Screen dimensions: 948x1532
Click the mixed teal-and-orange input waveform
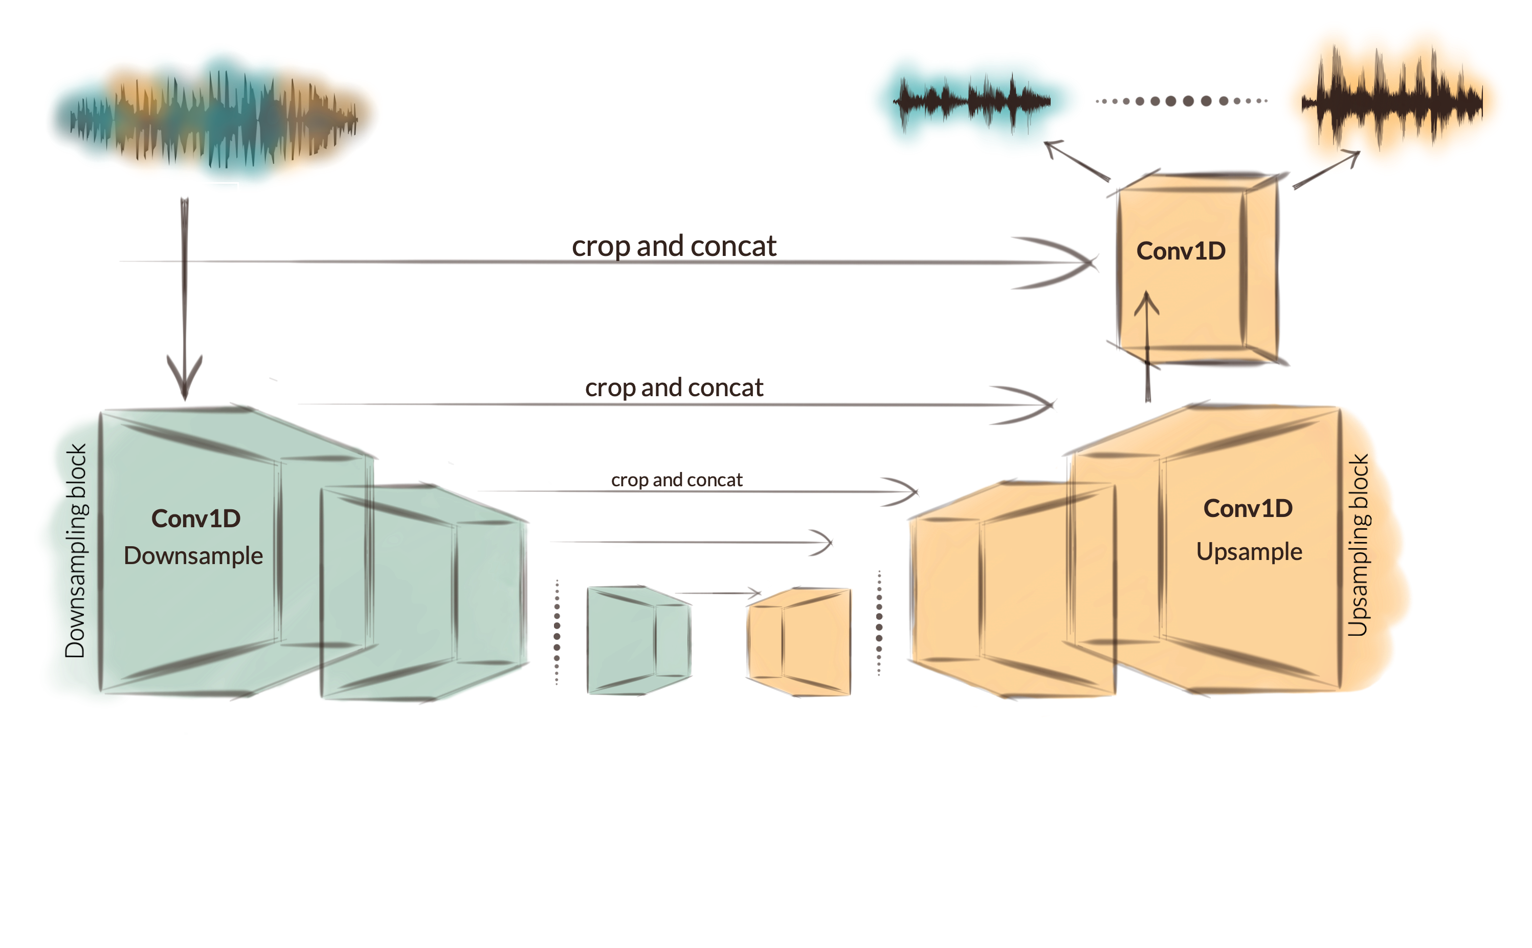[213, 116]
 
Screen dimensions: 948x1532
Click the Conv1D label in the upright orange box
[1181, 251]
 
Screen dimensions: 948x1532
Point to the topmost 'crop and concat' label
[674, 246]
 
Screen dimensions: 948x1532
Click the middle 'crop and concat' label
[674, 388]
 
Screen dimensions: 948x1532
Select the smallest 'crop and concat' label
[677, 480]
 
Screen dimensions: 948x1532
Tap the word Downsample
[193, 556]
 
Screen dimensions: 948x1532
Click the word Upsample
[1249, 552]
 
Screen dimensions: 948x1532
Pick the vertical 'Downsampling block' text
[76, 550]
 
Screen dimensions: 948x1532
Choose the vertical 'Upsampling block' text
[1359, 546]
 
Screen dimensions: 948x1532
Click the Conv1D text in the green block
[195, 519]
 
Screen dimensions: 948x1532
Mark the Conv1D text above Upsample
[1248, 508]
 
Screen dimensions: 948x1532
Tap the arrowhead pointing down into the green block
[185, 379]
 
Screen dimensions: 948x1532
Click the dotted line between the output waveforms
[1181, 101]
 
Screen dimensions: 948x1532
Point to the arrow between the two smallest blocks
[718, 593]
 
